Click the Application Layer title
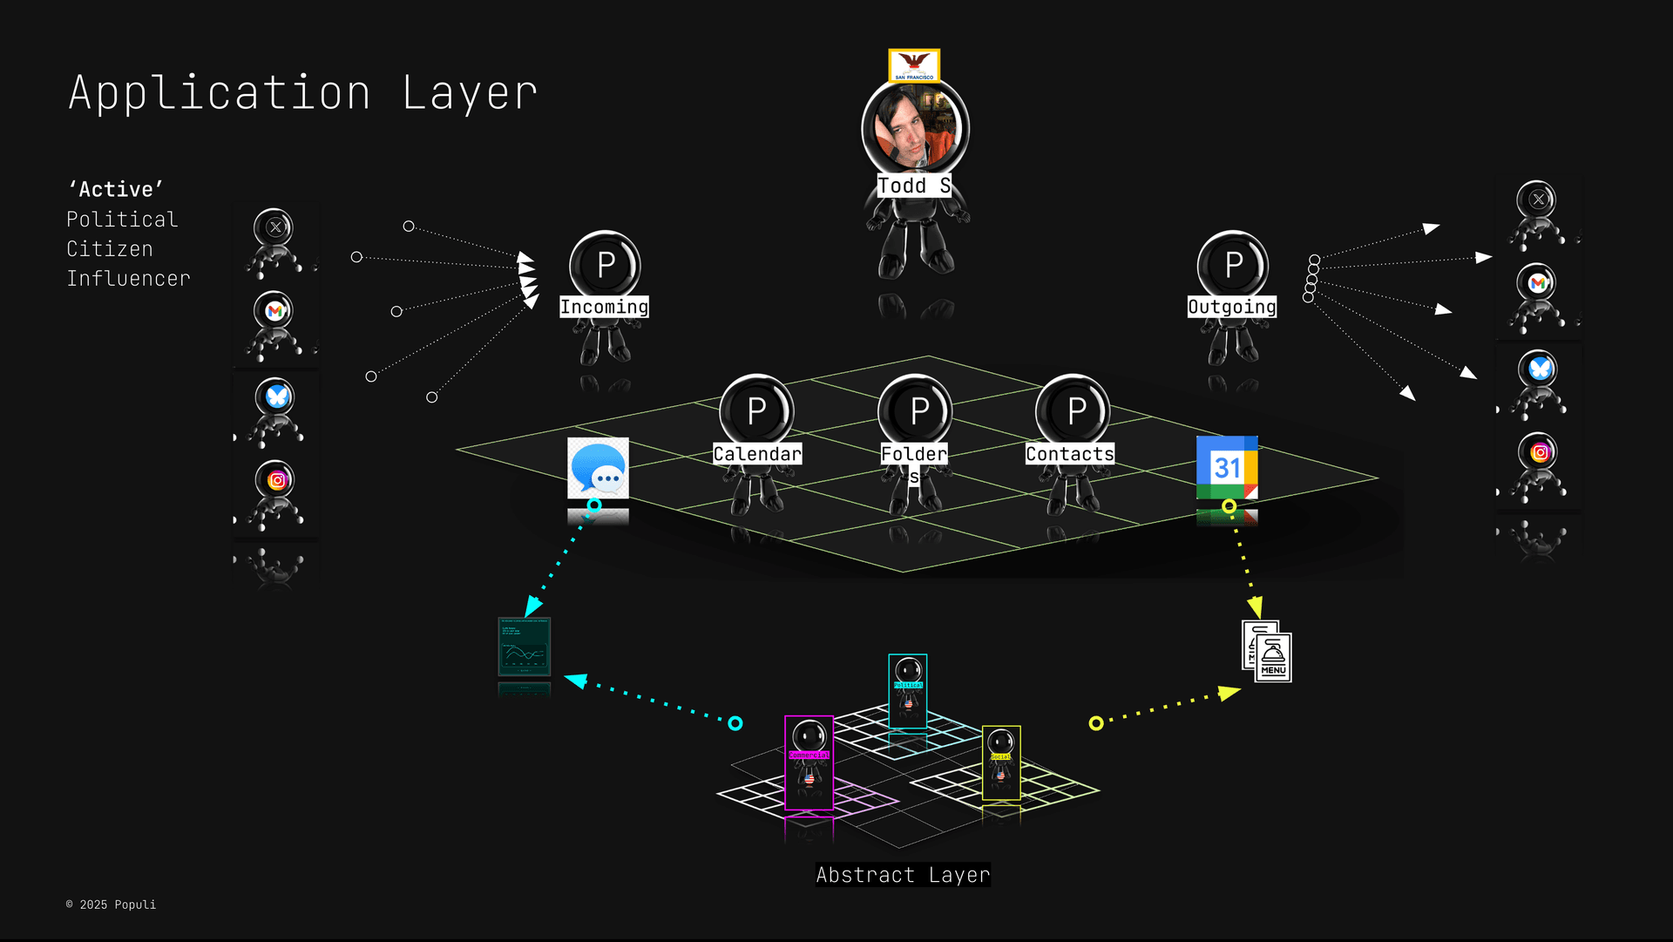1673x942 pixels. pos(303,93)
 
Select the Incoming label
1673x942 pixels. pos(604,307)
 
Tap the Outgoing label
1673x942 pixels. pos(1232,307)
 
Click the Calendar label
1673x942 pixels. pos(757,454)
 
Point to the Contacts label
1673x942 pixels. pos(1070,454)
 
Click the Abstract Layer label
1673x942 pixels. pos(903,875)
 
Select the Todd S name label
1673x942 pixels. pos(913,186)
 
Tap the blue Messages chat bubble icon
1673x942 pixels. pos(598,469)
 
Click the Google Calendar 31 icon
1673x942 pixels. pos(1227,468)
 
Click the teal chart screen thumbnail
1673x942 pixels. pos(525,647)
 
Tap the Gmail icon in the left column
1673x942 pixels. pos(275,311)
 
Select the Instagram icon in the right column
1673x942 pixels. pos(1540,452)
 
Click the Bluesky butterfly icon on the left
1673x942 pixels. pos(277,396)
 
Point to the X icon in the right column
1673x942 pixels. pos(1538,200)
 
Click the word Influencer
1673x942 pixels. pos(129,279)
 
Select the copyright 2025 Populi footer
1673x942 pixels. pos(112,905)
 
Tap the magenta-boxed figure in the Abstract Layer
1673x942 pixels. pos(809,762)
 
